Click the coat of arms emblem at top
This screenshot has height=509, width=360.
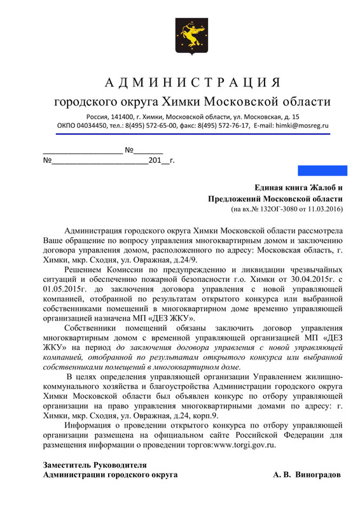[179, 36]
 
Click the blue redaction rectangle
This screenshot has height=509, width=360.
[322, 171]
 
